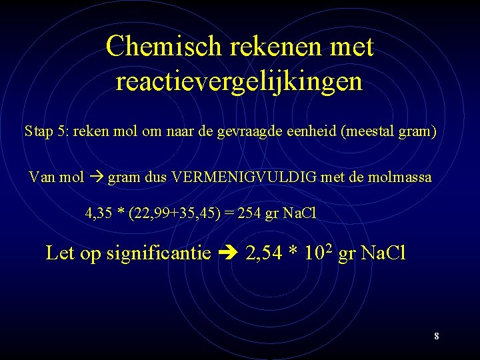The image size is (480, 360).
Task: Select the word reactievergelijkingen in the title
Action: click(x=239, y=82)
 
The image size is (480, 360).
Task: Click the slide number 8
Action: click(x=437, y=336)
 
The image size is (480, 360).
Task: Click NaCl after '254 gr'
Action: click(x=299, y=214)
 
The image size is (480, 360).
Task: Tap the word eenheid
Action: click(x=316, y=131)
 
